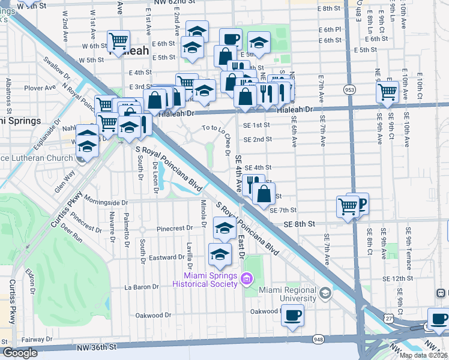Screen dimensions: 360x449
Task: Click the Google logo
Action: coord(20,353)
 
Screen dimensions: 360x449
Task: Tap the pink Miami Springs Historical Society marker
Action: coord(245,278)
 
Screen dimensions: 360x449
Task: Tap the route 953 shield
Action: coord(349,89)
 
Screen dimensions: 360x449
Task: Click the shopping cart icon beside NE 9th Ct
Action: coord(388,91)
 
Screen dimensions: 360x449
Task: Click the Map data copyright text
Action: coord(424,355)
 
